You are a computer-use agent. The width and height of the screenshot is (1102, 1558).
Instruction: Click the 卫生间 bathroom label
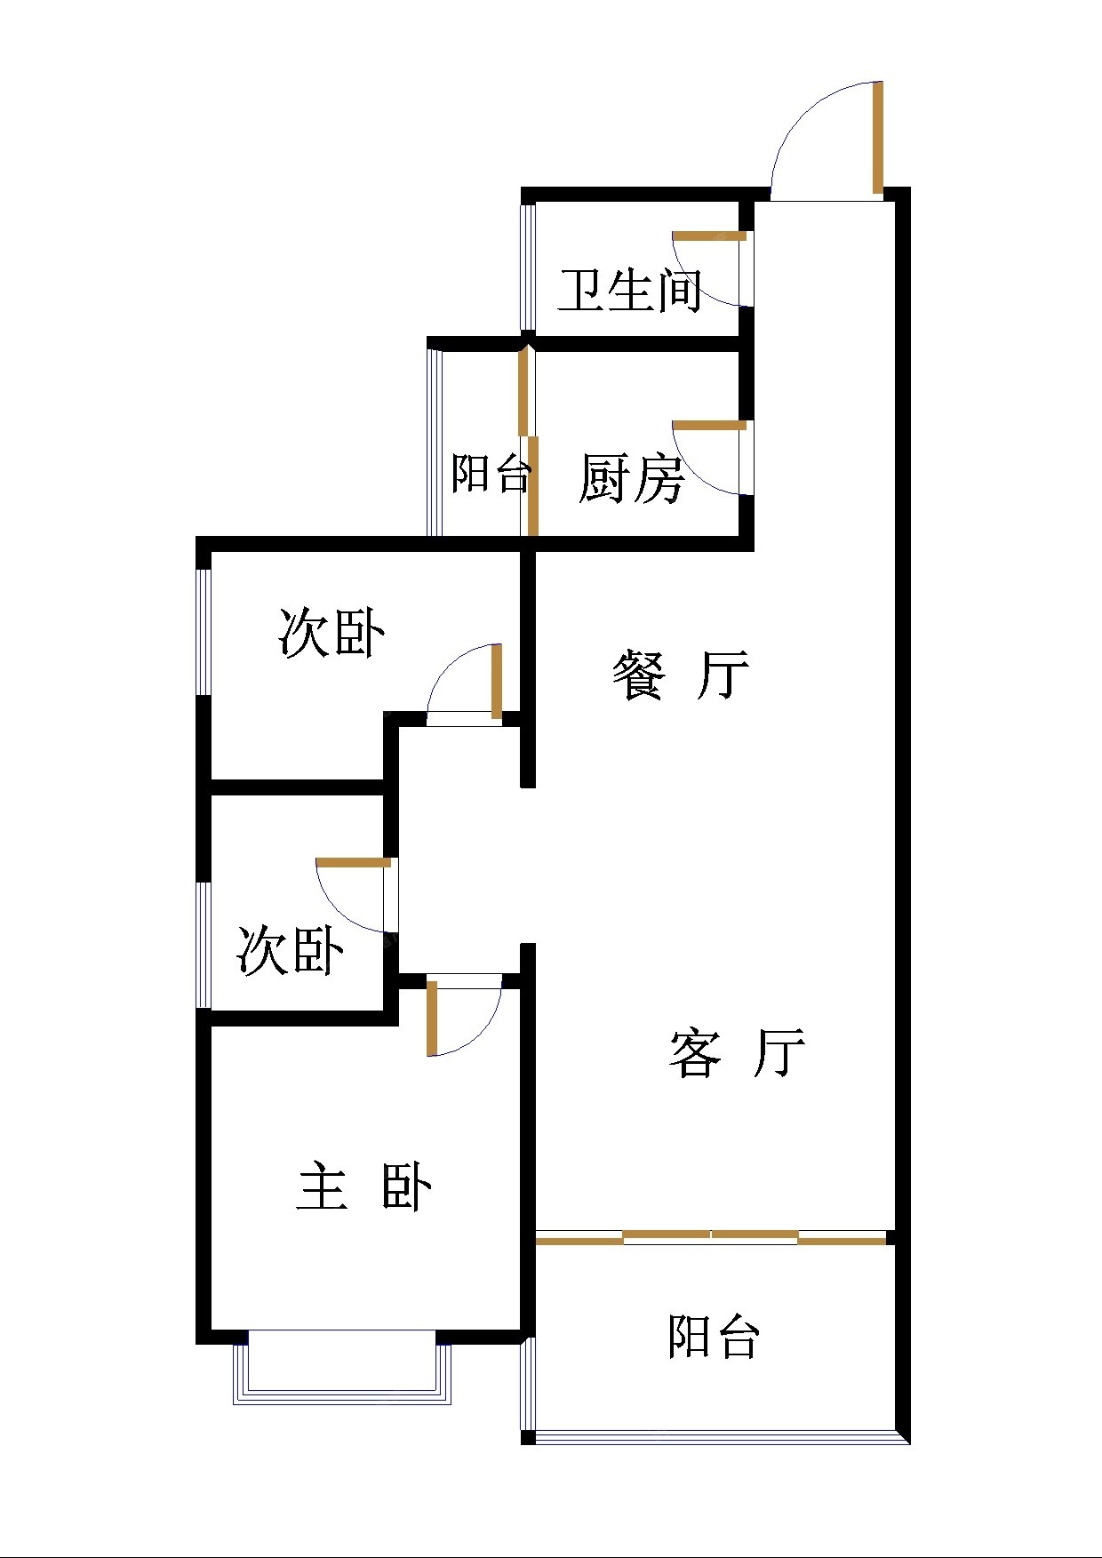(630, 290)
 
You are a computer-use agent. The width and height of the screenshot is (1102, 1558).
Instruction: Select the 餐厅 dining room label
(681, 675)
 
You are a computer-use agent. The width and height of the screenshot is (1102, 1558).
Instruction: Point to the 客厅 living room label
(737, 1053)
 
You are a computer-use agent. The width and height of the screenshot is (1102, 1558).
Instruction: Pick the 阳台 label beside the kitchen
(491, 473)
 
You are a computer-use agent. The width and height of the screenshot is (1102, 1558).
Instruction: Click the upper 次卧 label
(331, 633)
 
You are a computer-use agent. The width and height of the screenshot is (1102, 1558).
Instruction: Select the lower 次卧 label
(291, 950)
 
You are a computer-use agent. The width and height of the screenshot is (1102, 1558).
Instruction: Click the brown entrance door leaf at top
(877, 137)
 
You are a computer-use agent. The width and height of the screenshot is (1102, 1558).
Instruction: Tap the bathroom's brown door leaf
(709, 236)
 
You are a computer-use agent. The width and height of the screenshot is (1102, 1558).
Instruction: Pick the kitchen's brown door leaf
(709, 426)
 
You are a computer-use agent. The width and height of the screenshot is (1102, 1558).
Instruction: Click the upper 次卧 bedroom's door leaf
(497, 681)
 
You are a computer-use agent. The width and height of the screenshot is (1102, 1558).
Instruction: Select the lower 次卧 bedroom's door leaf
(354, 862)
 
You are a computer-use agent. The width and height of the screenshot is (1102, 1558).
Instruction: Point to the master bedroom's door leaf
(432, 1018)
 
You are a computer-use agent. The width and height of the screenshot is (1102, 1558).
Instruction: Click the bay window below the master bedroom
(342, 1369)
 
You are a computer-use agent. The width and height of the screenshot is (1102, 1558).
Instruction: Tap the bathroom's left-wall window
(528, 267)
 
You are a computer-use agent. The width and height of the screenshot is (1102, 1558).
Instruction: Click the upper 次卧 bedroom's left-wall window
(204, 631)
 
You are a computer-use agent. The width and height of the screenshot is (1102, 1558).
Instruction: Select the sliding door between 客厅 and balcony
(711, 1237)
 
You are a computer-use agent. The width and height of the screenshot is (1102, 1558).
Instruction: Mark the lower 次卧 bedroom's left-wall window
(204, 944)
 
